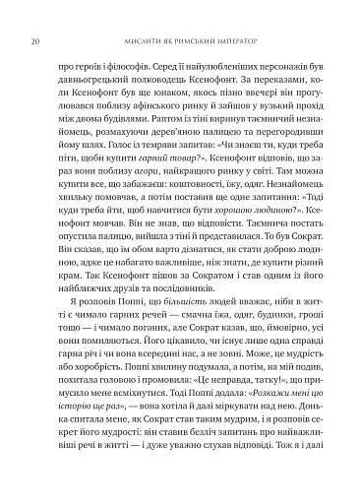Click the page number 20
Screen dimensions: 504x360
35,15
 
